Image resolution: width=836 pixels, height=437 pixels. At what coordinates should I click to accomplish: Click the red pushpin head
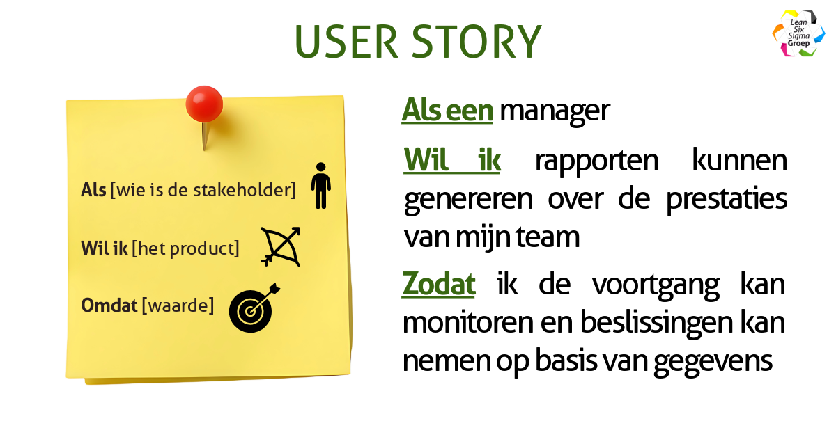(204, 104)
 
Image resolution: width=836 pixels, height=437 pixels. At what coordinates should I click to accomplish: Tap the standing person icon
(320, 186)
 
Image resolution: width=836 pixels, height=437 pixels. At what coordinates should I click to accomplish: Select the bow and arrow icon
(281, 246)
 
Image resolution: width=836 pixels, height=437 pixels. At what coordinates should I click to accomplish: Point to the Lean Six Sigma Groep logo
(798, 33)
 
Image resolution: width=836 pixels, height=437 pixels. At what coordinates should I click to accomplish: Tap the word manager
(555, 111)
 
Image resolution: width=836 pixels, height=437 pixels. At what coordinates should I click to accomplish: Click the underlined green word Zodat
(439, 285)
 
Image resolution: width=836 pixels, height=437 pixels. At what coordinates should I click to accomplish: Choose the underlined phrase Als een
(447, 111)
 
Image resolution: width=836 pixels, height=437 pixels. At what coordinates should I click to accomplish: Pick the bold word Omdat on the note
(109, 305)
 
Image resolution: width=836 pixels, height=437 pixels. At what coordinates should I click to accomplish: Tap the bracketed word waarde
(178, 305)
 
